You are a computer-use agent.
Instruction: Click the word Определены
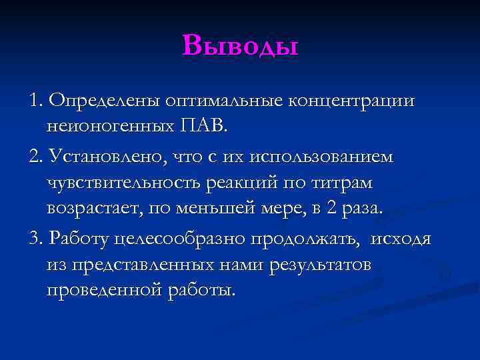coord(106,100)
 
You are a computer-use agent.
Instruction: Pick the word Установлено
coord(103,157)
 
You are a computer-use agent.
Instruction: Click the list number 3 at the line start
coord(35,239)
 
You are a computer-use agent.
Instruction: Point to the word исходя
coord(402,239)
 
